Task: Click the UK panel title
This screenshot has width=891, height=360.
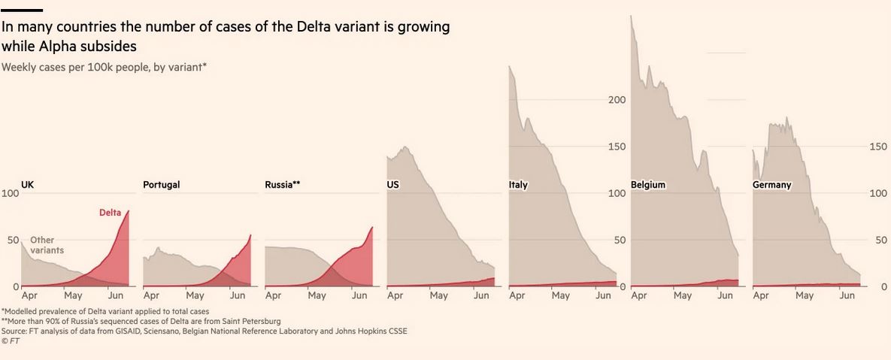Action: [27, 184]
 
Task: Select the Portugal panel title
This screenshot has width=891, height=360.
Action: [161, 184]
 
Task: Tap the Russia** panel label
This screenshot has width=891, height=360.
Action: [283, 184]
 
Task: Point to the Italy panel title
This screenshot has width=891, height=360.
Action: [518, 184]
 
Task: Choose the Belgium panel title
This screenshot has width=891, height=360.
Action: [648, 184]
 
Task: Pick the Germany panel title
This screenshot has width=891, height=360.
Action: [771, 184]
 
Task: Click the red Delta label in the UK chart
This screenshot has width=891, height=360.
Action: [111, 213]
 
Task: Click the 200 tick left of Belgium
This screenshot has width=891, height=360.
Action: [617, 100]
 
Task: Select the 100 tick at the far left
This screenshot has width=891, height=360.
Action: [10, 193]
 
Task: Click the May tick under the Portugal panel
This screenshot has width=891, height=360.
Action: [195, 296]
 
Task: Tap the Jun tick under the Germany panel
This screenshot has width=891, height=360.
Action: [847, 296]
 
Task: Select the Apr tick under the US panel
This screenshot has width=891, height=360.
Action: [395, 296]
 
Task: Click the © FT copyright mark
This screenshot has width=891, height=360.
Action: [10, 340]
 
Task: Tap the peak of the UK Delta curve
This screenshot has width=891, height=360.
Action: [128, 211]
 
